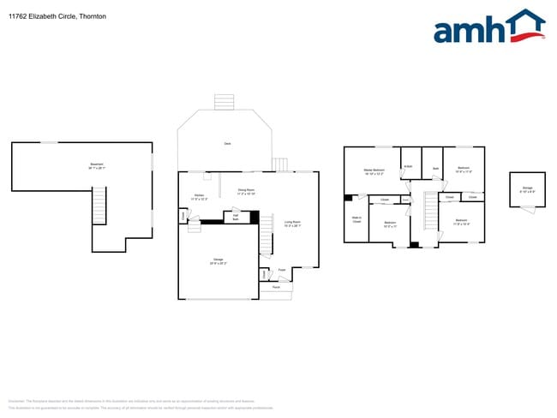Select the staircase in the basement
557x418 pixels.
point(99,206)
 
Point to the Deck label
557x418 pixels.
point(227,143)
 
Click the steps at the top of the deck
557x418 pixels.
point(224,101)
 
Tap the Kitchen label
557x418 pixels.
point(199,198)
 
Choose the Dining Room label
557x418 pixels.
point(247,192)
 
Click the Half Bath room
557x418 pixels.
point(236,218)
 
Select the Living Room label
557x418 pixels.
point(292,224)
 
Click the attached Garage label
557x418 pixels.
point(219,261)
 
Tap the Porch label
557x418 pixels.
point(276,287)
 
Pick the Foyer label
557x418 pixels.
point(282,271)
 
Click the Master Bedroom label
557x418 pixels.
point(374,172)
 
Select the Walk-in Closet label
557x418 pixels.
point(356,219)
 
